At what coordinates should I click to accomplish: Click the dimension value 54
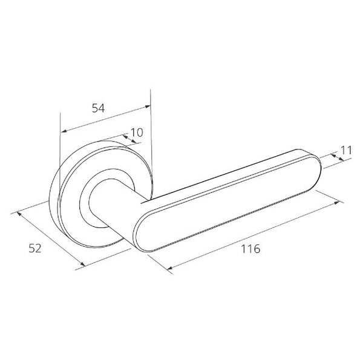coord(99,108)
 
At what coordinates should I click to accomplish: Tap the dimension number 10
coord(137,132)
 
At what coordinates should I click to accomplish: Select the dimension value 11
coord(347,150)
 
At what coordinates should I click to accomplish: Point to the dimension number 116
coord(250,249)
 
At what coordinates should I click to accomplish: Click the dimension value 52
coord(35,248)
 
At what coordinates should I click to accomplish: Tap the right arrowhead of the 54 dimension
coord(148,106)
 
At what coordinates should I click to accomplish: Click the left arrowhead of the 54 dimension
coord(64,131)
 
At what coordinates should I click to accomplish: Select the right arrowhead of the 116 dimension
coord(337,203)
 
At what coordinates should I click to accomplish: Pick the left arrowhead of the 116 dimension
coord(169,268)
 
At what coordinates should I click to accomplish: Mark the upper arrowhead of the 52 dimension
coord(19,214)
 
